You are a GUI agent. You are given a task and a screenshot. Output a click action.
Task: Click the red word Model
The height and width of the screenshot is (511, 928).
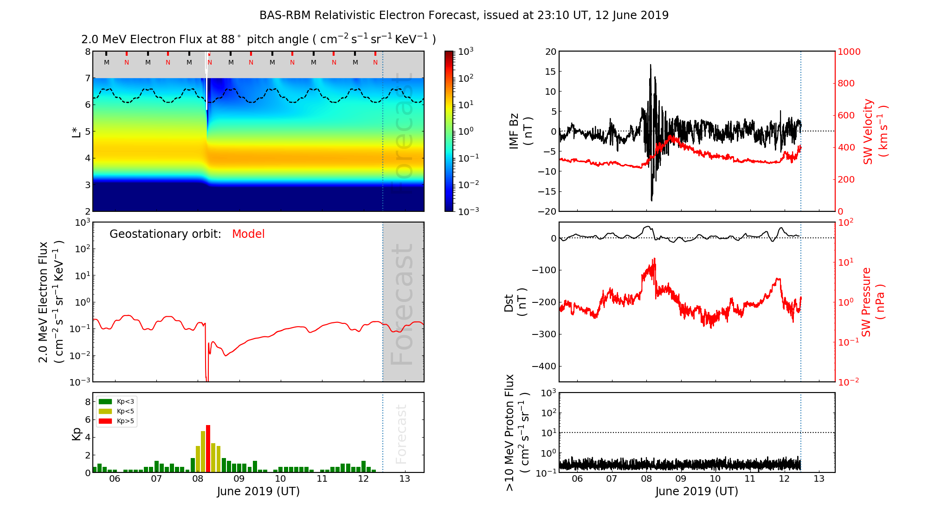point(248,234)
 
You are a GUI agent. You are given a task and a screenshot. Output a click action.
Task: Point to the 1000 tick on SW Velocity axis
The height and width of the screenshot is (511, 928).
point(849,52)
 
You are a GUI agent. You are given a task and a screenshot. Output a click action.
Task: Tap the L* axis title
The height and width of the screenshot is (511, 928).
point(76,131)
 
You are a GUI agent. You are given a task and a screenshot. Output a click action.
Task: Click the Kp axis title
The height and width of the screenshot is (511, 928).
point(76,433)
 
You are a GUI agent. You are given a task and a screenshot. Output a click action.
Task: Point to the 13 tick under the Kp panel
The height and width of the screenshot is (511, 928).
point(405,479)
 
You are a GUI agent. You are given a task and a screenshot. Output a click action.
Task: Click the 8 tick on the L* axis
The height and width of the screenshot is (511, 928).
point(87,52)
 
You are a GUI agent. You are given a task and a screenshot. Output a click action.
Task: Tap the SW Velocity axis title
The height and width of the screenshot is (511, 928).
point(875,131)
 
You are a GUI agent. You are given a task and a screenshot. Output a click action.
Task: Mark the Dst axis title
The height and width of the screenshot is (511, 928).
point(515,302)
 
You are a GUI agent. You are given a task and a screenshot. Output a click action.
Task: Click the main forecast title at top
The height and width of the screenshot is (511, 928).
point(464,15)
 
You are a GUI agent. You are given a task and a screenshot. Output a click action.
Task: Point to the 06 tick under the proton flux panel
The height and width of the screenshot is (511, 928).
point(577,479)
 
